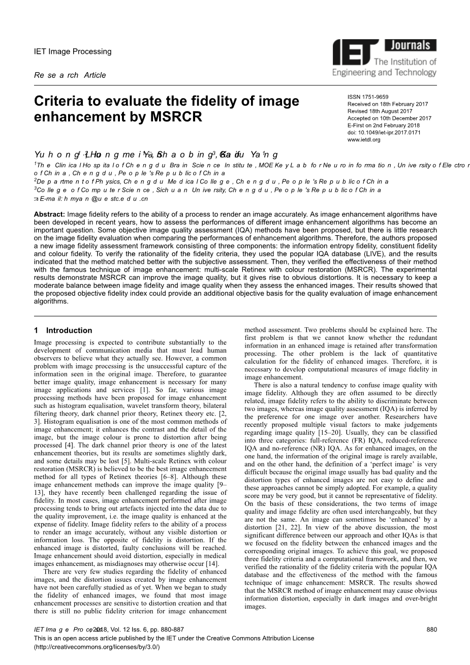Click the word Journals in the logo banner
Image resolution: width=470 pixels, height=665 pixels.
coord(410,46)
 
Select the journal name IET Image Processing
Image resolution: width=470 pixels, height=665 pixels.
coord(72,51)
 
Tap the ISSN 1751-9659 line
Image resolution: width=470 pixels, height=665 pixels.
coord(368,97)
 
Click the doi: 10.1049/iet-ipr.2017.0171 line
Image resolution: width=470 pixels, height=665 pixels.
coord(384,133)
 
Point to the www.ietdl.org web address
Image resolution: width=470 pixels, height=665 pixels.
coord(364,140)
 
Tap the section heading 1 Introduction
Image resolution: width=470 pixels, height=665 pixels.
coord(63,330)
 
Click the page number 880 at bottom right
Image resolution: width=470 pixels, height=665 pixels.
coord(432,629)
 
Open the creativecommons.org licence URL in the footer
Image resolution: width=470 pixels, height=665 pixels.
coord(97,647)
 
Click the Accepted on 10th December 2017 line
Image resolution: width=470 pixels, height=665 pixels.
coord(389,118)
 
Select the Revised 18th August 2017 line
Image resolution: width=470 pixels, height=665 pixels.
coord(380,111)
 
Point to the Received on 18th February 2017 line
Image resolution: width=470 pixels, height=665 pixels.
coord(387,104)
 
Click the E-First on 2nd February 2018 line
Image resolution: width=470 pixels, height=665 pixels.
coord(383,125)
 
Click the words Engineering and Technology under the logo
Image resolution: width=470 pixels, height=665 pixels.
coord(384,73)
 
